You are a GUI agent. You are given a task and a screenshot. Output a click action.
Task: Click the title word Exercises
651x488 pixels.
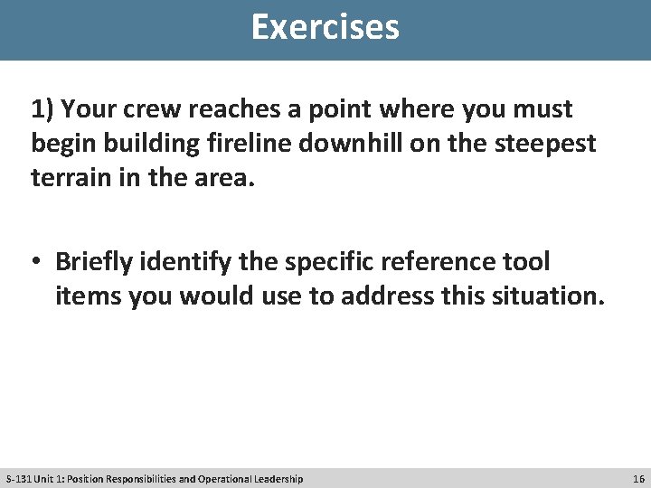point(325,27)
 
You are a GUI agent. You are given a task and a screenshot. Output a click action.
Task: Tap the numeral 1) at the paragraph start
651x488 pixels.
point(42,110)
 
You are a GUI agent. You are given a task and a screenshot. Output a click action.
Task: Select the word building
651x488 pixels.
point(140,144)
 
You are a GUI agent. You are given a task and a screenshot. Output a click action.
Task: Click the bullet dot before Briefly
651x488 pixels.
point(38,263)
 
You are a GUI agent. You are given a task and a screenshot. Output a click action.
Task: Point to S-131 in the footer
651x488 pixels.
point(17,478)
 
